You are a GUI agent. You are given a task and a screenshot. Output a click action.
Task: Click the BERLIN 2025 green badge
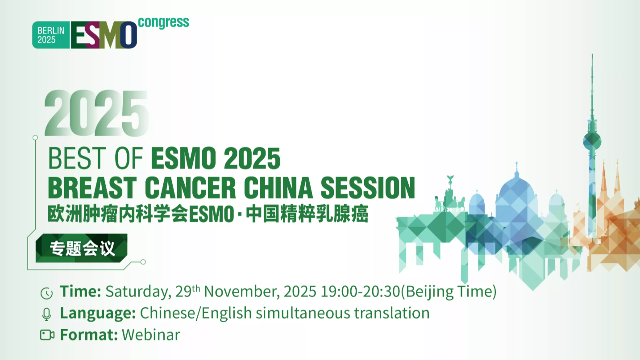click(x=51, y=35)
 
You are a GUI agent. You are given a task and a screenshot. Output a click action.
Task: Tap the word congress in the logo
click(x=163, y=22)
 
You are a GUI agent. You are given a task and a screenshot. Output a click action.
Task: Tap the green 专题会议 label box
click(x=82, y=248)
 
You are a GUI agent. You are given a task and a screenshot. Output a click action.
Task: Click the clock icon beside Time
click(x=46, y=293)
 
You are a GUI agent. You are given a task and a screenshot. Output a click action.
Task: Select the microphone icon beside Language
click(x=46, y=314)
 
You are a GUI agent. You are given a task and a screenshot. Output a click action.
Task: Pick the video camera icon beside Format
click(x=47, y=335)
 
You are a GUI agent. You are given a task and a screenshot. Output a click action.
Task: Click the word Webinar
click(x=151, y=335)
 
